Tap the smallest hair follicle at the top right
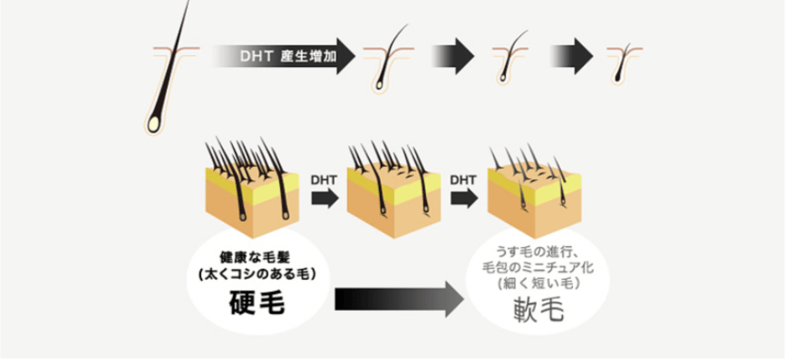coord(621,60)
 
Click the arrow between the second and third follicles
coord(453,58)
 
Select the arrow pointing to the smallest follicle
coord(572,58)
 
